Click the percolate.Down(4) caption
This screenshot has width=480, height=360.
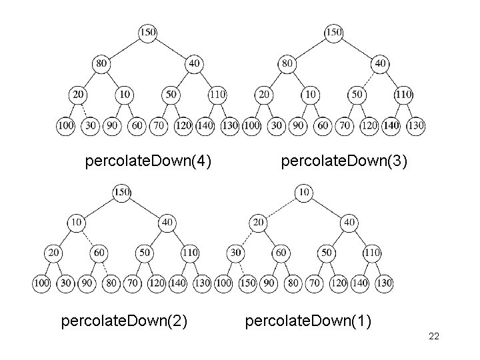149,161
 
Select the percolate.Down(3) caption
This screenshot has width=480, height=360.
344,161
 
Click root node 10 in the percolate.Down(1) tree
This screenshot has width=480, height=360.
303,192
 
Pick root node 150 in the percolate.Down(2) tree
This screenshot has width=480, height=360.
121,192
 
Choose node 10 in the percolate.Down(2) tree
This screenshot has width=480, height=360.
77,222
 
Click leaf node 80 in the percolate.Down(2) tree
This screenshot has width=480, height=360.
112,283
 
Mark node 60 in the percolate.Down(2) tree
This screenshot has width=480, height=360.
98,253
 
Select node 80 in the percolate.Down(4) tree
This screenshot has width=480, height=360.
101,63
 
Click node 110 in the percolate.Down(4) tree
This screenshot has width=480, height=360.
217,94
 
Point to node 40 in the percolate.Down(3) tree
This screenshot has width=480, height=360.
380,63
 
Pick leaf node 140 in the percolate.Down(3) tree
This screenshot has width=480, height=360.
393,125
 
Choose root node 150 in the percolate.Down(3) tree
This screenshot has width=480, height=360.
333,32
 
